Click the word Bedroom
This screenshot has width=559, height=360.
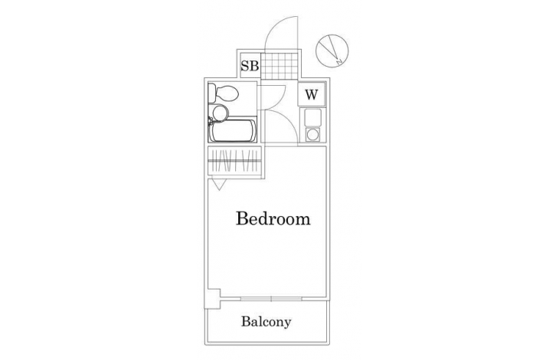[273, 218]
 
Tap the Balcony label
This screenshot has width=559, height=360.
[266, 322]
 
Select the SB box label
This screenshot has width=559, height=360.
[249, 66]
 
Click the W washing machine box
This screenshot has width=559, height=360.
[311, 94]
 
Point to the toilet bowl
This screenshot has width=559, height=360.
[227, 93]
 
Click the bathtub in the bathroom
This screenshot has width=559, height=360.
[233, 131]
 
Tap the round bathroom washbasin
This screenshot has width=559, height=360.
[220, 113]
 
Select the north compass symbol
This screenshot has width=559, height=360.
[332, 51]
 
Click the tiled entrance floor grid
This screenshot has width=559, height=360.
[279, 66]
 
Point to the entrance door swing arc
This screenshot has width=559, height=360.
[275, 26]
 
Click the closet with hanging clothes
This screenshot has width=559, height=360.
[234, 160]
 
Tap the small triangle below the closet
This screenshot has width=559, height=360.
[219, 185]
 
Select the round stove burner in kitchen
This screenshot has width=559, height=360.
[312, 135]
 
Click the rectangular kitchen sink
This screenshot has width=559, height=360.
[312, 117]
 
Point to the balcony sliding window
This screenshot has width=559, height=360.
[271, 299]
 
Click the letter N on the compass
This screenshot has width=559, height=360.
[339, 62]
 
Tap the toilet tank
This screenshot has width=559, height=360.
[212, 93]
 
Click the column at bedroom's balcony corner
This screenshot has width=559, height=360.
[212, 298]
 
